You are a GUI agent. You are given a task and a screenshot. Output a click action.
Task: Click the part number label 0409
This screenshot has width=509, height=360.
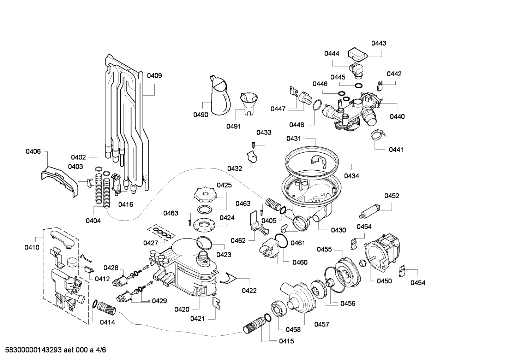tap(154, 75)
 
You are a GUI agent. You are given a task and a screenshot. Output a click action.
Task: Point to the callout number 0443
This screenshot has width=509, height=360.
tap(378, 43)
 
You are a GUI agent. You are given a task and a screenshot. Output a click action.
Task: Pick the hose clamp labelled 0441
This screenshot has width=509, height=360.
tap(376, 135)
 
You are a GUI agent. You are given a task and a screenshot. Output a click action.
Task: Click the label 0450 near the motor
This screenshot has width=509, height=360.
tap(384, 281)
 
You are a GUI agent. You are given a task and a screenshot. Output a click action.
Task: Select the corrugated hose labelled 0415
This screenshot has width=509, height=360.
tap(253, 326)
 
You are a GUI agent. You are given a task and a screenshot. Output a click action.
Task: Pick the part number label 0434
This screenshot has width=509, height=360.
tap(351, 176)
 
